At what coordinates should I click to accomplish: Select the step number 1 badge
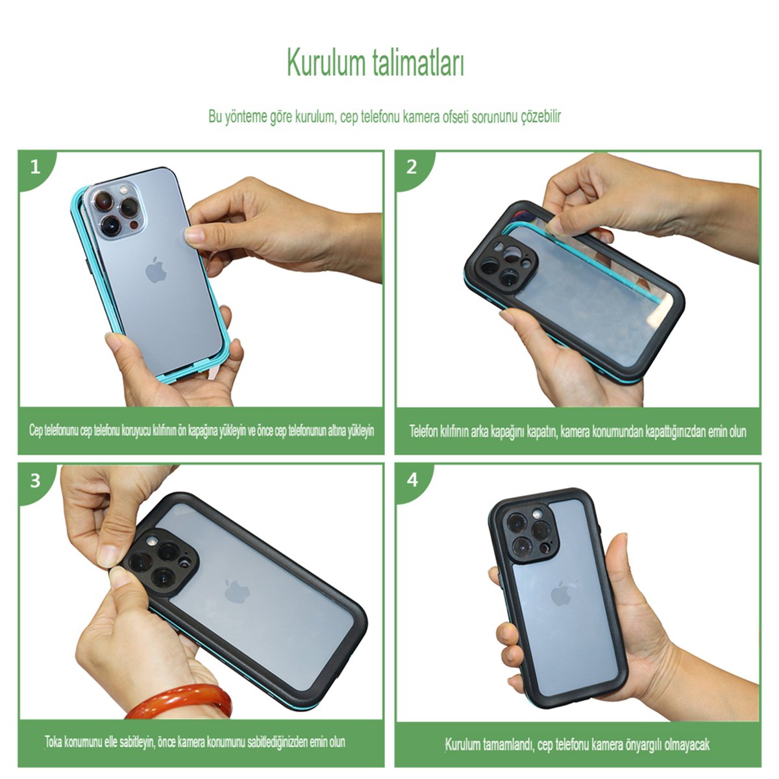pos(36,167)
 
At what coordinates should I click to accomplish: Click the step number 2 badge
pos(412,167)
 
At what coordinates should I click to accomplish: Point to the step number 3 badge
pos(35,480)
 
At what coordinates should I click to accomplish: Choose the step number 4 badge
pos(412,480)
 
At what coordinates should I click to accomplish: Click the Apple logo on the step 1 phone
pos(156,269)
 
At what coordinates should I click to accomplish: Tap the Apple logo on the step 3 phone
pos(237,591)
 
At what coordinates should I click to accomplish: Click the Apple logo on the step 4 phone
pos(561,593)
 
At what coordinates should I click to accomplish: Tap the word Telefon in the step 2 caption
pos(424,431)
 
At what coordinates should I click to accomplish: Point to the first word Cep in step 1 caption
pos(36,430)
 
